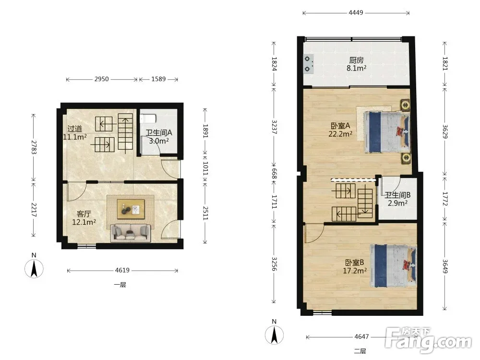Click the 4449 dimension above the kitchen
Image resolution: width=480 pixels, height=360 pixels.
(356, 12)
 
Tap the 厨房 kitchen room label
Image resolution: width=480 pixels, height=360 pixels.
(356, 60)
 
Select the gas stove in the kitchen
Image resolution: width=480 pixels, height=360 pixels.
(309, 64)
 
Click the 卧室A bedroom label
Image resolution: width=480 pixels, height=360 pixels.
(340, 125)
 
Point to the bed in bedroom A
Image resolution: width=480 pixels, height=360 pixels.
(386, 132)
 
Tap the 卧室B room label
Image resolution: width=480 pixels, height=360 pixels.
(355, 263)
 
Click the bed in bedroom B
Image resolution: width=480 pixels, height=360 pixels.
(394, 266)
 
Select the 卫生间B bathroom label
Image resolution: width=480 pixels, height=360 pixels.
(397, 195)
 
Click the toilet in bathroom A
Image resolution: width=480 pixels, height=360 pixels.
(148, 119)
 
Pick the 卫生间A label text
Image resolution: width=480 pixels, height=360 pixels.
(158, 132)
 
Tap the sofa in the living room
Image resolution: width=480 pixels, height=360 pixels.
(131, 233)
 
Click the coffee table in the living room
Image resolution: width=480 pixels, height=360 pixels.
(131, 209)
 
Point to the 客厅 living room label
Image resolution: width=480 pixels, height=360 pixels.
(84, 214)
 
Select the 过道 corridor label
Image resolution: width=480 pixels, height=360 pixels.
(75, 129)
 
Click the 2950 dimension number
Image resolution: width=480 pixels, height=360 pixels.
(101, 79)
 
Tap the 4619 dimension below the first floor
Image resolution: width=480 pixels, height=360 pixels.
(122, 270)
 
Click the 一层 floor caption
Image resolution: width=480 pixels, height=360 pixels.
(120, 285)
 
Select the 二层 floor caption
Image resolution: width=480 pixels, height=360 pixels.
(360, 351)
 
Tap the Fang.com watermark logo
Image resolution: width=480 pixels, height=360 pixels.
(429, 340)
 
